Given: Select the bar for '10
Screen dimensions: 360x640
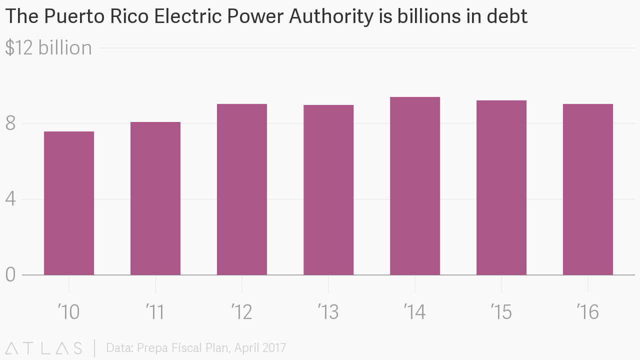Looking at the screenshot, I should click(x=69, y=203).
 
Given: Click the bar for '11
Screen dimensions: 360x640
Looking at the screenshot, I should click(x=155, y=198).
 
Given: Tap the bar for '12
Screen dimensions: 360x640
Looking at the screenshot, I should click(x=242, y=189).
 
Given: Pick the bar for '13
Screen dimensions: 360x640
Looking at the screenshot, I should click(x=328, y=190).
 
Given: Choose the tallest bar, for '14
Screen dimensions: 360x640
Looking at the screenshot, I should click(x=415, y=186).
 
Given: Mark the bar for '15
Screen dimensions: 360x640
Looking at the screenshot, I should click(x=501, y=187).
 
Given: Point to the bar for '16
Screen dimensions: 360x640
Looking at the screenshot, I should click(x=588, y=189).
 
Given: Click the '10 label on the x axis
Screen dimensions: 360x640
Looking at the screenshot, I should click(x=69, y=312).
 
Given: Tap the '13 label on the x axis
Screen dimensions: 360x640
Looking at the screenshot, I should click(x=328, y=312).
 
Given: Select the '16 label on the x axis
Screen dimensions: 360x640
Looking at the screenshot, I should click(x=588, y=312).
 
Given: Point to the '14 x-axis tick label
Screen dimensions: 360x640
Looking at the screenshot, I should click(x=415, y=312).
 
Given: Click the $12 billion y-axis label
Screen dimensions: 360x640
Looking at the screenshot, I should click(x=48, y=48).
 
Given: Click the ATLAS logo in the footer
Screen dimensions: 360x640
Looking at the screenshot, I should click(x=44, y=348).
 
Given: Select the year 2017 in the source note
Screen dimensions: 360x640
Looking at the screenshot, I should click(x=273, y=348).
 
